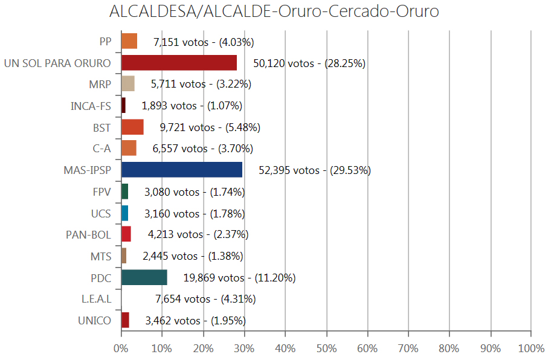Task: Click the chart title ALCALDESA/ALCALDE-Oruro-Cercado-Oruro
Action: coord(275,12)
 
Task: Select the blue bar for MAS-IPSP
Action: coord(182,170)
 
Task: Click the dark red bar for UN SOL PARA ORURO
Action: coord(179,63)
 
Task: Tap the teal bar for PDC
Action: coord(144,277)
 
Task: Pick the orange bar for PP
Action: coord(129,41)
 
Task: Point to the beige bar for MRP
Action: coord(128,83)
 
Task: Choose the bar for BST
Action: coord(132,127)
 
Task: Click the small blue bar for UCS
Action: coord(125,213)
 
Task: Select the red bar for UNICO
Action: coord(126,320)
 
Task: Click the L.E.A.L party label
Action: coord(96,299)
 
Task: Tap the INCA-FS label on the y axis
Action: coord(91,106)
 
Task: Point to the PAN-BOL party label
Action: coord(88,235)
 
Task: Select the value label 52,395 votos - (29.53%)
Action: coord(314,170)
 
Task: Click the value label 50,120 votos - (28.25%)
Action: coord(309,63)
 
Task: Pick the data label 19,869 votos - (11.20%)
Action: coord(239,278)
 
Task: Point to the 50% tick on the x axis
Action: coord(326,349)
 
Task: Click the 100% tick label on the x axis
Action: coord(530,349)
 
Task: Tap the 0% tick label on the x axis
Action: coord(121,349)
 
